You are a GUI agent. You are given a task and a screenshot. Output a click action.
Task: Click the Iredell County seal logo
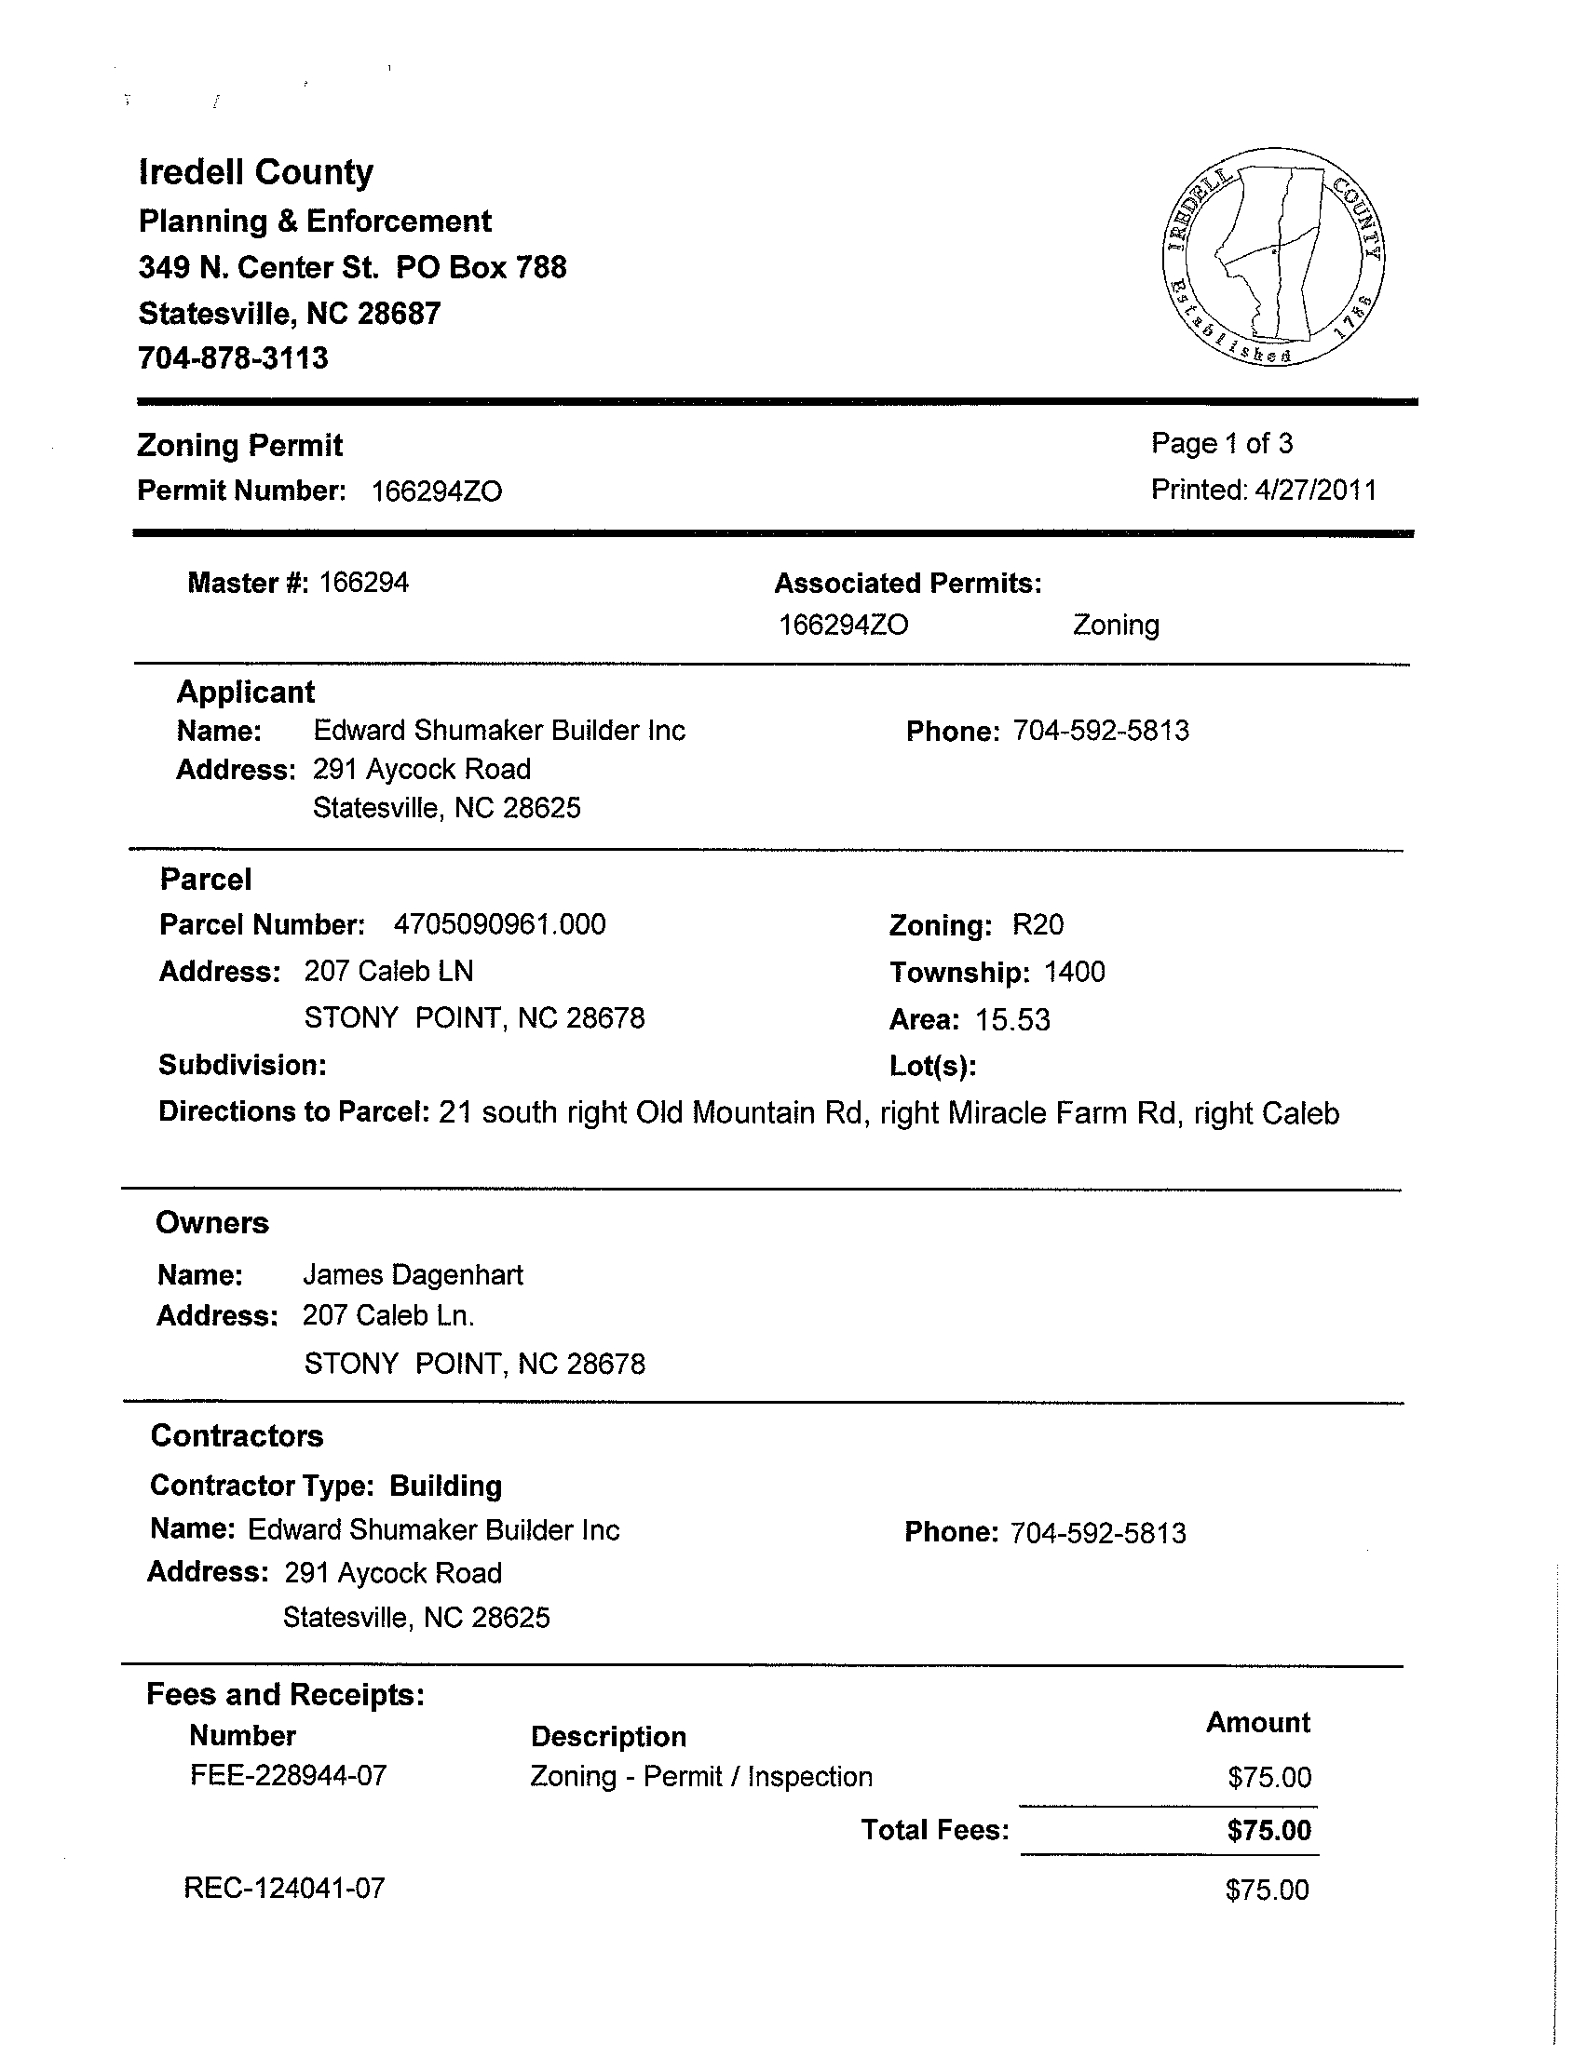point(1273,257)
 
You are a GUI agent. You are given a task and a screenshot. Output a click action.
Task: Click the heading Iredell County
point(256,172)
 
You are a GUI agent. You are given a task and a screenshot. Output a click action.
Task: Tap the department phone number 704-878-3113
point(233,358)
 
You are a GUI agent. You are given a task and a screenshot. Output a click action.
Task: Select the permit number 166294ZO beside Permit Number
point(437,491)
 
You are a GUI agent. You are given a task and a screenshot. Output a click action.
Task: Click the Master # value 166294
point(363,584)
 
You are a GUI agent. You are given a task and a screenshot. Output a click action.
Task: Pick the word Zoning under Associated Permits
point(1116,626)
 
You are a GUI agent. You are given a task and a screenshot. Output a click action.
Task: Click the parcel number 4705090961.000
point(499,925)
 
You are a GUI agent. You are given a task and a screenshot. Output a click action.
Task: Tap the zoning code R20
point(1038,925)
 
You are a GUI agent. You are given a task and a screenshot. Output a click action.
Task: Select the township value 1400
point(1075,972)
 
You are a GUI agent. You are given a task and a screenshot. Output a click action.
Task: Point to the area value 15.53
point(1012,1019)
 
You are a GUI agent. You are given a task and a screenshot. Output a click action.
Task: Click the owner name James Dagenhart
point(414,1275)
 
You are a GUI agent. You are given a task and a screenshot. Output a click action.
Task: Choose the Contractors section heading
point(237,1436)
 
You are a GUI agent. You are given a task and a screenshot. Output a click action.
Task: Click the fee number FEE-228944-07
point(289,1776)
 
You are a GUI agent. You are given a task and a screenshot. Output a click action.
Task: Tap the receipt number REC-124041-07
point(285,1888)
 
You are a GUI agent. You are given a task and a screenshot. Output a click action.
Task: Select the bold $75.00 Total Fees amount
point(1269,1831)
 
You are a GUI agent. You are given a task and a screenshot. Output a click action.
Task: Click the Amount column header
point(1257,1723)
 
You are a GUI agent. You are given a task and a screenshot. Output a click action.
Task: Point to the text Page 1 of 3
point(1222,444)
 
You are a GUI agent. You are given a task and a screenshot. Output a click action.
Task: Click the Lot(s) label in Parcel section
point(933,1067)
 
